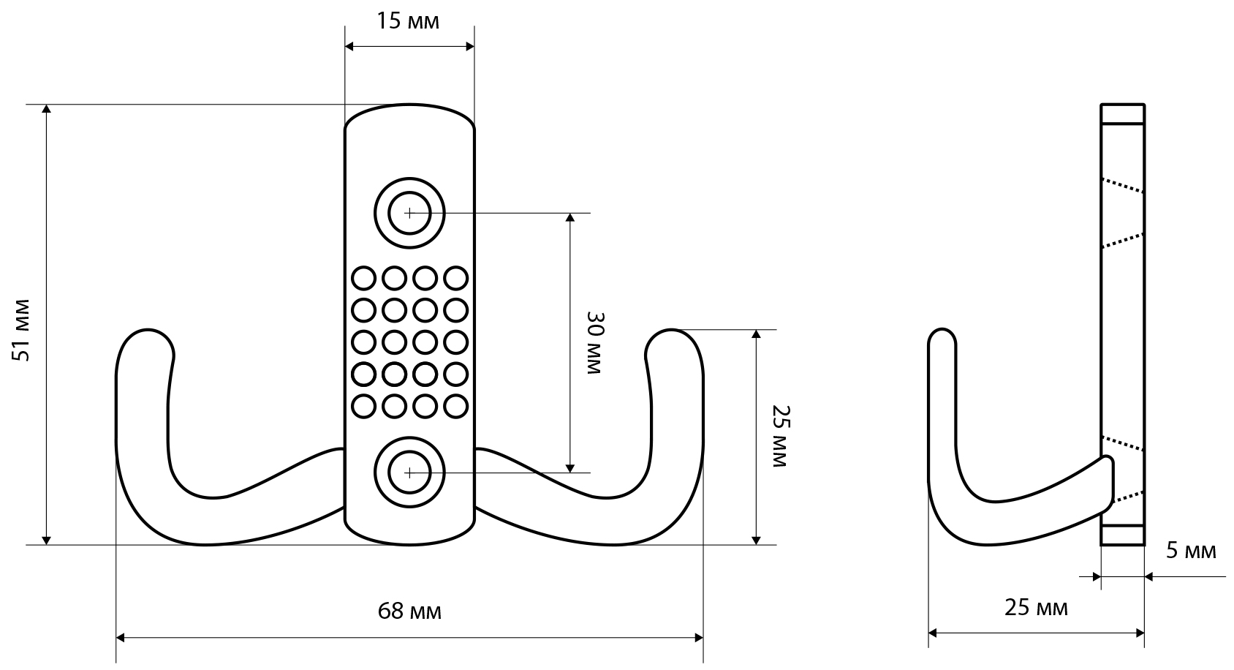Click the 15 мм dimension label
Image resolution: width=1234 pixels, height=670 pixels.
[408, 21]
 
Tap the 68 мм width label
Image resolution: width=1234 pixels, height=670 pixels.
[409, 611]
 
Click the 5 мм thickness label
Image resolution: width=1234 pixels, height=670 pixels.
[1191, 551]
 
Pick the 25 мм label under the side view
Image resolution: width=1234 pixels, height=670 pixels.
[1036, 607]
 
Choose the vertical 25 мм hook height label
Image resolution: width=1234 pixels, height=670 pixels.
[779, 436]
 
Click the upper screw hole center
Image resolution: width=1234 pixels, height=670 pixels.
[409, 214]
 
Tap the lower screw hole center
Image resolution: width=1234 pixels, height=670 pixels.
[409, 473]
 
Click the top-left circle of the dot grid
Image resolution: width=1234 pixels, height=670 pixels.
[363, 279]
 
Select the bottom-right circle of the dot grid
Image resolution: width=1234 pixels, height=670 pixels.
[455, 406]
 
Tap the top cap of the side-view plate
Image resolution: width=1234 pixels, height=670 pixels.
[1123, 114]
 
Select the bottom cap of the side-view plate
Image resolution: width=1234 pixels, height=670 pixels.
[1123, 535]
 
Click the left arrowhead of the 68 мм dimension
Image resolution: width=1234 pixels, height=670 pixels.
[122, 639]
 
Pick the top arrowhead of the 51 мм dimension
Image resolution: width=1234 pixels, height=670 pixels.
[46, 110]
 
